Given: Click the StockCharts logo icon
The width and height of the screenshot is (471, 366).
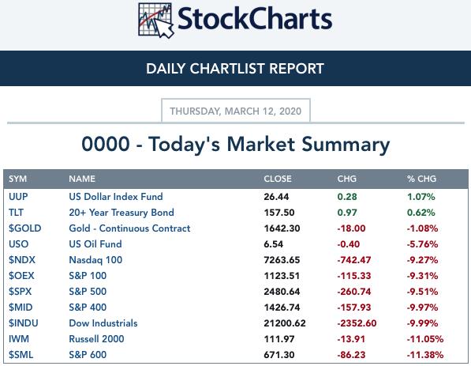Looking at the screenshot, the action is pos(156,21).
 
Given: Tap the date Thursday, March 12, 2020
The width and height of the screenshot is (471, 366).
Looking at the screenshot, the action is pos(235,111).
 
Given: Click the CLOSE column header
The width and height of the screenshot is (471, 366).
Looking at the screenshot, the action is pos(278,179).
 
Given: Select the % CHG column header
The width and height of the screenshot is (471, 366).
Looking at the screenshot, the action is pos(421,179).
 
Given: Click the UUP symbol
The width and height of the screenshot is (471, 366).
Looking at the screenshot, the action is pos(18,197).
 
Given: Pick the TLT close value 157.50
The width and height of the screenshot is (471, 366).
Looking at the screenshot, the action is pos(279,213).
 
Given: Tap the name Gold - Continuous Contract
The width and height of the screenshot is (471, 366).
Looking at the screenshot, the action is pos(129,228).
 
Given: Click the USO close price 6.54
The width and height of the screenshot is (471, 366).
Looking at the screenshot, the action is pos(273,244).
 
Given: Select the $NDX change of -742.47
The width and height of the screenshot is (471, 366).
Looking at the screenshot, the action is pos(354,260).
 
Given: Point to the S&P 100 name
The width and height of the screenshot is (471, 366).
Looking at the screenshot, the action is pos(88,275).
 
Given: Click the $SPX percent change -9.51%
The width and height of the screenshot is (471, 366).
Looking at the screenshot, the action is pos(422,292).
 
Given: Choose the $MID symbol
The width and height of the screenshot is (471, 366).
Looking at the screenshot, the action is pos(21,308).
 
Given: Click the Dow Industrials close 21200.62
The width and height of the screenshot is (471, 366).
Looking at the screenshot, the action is pos(285,323).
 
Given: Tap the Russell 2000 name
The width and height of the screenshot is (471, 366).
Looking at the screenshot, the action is pos(96,339).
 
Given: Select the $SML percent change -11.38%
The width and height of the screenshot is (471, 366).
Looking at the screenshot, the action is pos(425,355).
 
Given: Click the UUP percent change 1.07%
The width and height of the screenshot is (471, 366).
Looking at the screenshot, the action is pos(421,197).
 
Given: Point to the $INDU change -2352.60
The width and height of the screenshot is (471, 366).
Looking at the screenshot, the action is pos(357,323).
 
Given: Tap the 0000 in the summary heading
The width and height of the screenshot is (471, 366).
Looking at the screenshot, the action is pos(106,144).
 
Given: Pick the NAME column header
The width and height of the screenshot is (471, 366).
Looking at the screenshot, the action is pos(82,179).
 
